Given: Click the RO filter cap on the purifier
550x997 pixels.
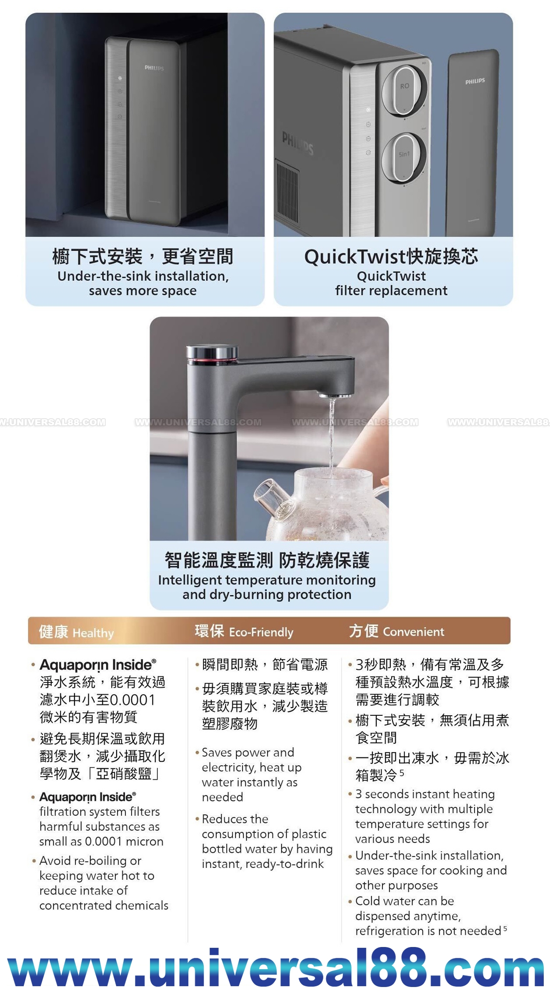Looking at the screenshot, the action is pos(405,89).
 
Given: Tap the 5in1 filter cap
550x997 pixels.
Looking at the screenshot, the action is pos(404,158).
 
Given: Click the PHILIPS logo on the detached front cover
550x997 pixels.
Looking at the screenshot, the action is pos(475,81).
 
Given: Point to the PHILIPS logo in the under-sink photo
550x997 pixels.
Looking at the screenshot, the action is pos(154,67).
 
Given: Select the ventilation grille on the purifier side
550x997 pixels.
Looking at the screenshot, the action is pos(287,191).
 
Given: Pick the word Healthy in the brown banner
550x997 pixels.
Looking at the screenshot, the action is pos(93,633).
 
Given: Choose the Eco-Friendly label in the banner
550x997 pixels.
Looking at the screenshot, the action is pos(261,632).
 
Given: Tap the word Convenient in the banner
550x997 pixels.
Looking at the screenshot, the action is pos(414,632).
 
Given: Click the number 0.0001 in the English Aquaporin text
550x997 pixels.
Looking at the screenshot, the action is pos(104,841).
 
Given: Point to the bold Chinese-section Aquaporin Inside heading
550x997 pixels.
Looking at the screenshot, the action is pos(98,665).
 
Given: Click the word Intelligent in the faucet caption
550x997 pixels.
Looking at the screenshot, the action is pos(190,580).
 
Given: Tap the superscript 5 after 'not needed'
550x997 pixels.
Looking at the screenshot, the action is pos(505,928).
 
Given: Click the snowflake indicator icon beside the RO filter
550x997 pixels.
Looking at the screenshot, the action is pos(368,110).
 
